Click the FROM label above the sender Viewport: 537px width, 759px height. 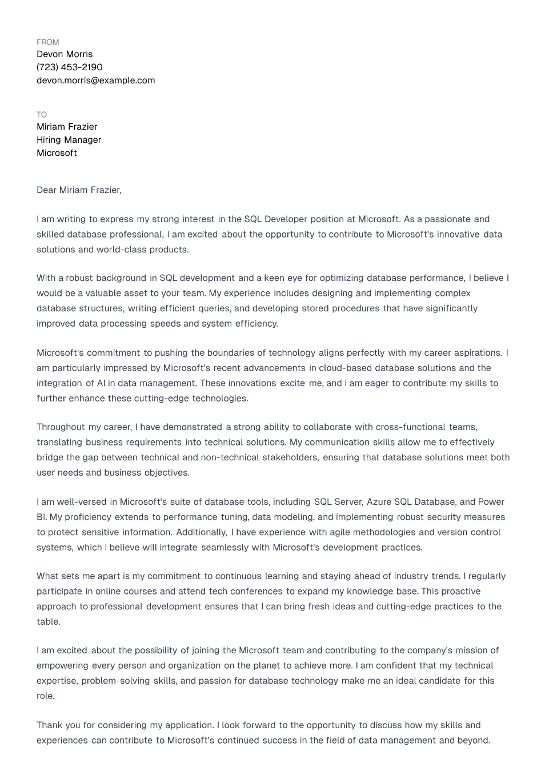click(x=47, y=42)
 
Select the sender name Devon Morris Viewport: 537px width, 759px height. click(x=65, y=54)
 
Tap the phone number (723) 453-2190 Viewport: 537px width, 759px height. click(x=70, y=67)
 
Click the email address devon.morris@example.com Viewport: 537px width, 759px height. click(x=96, y=81)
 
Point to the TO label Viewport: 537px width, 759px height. click(x=42, y=115)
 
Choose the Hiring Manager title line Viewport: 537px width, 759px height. click(x=69, y=140)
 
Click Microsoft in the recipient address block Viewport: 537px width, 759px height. click(x=57, y=153)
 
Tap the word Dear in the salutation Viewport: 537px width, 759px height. click(x=46, y=190)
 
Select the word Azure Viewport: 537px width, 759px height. click(x=379, y=502)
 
